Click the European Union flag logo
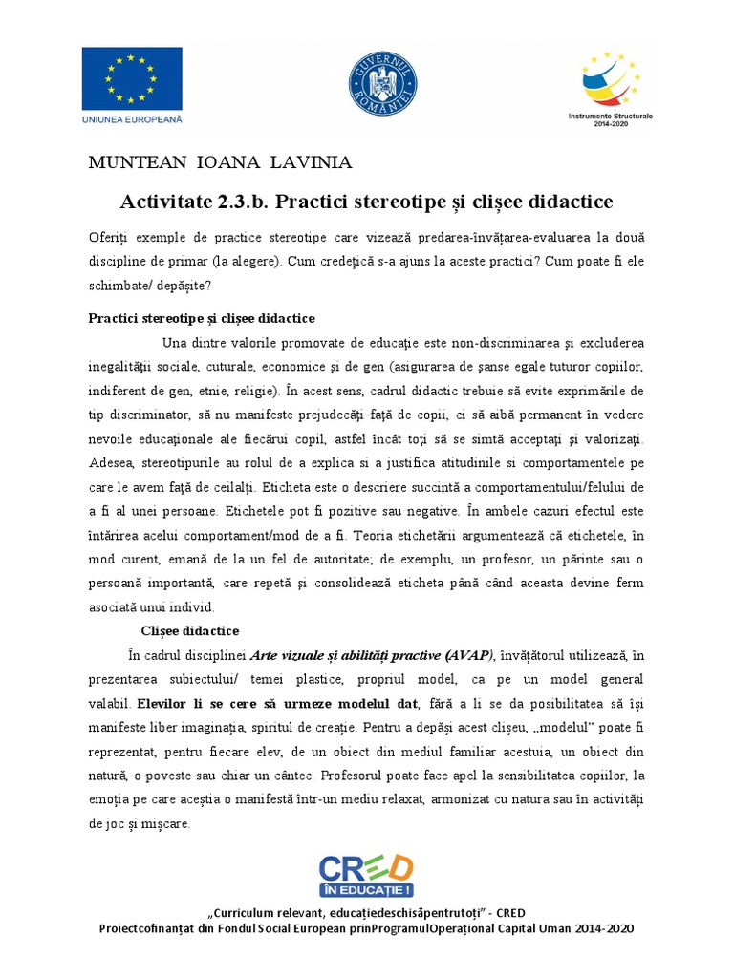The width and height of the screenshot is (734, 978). (133, 78)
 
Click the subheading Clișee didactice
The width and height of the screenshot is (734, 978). (190, 631)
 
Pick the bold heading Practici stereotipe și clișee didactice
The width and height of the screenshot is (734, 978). (202, 318)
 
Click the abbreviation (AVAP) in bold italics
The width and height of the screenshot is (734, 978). (468, 655)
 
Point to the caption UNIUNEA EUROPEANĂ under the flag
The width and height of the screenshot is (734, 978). (133, 119)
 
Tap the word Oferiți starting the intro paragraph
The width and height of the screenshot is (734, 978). (106, 237)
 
